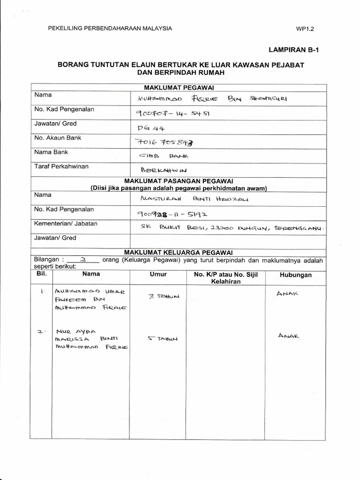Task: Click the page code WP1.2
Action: (x=304, y=29)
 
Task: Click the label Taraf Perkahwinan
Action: (x=61, y=166)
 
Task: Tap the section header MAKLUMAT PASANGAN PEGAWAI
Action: (x=179, y=181)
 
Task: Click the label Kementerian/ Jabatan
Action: (x=66, y=224)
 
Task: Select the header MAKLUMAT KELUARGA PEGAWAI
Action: (x=179, y=252)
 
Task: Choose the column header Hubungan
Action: (x=295, y=275)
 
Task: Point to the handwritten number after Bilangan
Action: (x=82, y=259)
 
